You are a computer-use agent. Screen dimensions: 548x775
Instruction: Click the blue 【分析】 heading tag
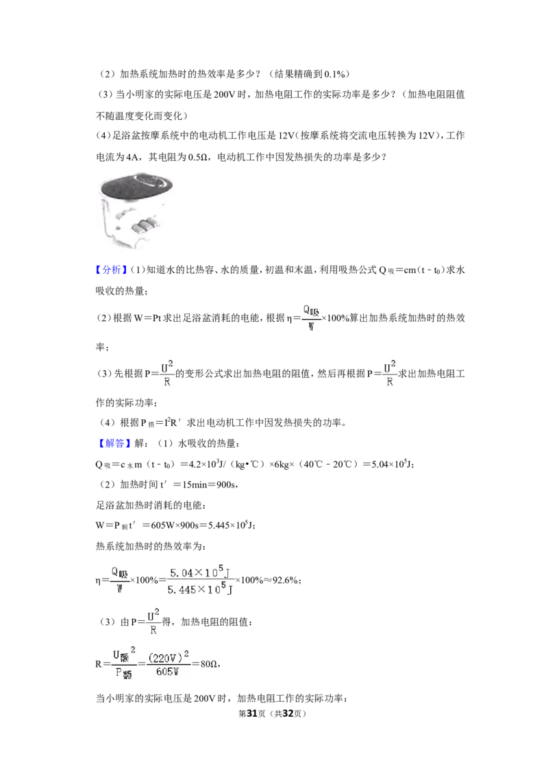click(111, 270)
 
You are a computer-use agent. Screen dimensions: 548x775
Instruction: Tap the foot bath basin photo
click(136, 210)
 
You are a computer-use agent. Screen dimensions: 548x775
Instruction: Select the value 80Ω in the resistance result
click(209, 664)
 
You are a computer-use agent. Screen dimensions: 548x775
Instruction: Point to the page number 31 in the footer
click(252, 713)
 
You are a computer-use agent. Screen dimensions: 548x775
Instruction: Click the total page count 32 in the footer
click(288, 713)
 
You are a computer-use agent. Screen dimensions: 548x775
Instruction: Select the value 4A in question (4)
click(133, 157)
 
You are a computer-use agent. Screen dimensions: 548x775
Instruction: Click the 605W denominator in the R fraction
click(167, 672)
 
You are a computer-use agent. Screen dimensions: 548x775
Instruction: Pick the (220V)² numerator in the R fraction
click(169, 657)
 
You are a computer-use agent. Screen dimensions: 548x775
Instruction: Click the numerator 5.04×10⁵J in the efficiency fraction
click(199, 572)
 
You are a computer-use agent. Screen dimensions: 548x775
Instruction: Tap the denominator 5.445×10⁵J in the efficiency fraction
click(200, 589)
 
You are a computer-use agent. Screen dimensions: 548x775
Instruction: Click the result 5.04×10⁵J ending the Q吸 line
click(390, 464)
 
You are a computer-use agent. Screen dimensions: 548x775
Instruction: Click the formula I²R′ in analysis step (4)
click(173, 422)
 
